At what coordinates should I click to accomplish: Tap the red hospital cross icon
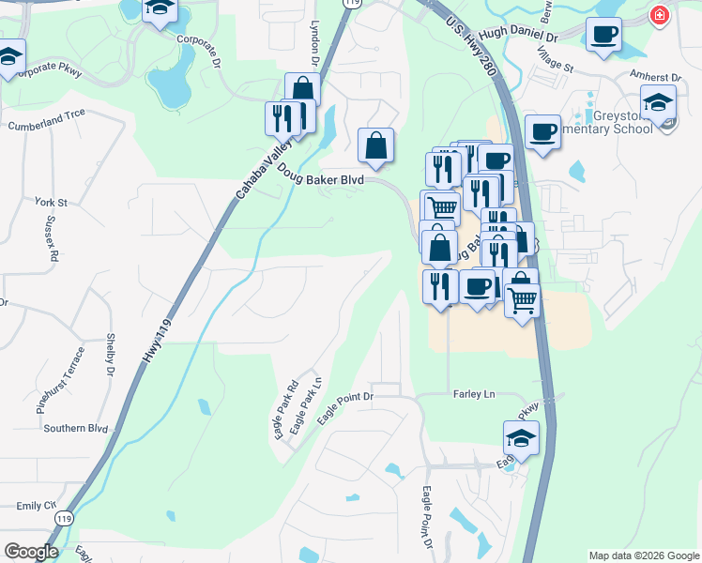tap(661, 16)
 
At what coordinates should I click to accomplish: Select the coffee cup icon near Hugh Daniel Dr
tap(603, 35)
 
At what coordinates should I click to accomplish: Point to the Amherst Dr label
tap(656, 77)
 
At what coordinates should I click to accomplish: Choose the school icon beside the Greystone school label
tap(658, 102)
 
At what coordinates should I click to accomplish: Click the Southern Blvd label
tap(75, 428)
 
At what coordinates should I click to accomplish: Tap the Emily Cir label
tap(36, 505)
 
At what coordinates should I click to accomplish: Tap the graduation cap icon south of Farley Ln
tap(521, 437)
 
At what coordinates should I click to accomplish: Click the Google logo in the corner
tap(30, 551)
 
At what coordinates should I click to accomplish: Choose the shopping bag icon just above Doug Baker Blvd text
tap(375, 145)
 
